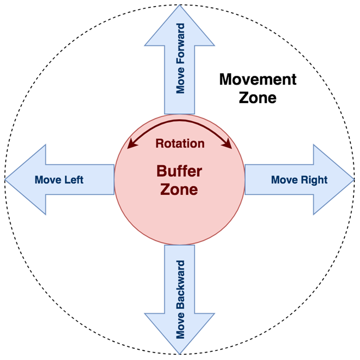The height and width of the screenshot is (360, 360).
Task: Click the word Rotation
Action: (179, 144)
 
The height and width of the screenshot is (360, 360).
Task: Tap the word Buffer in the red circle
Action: (179, 171)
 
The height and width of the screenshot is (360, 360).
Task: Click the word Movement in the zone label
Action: (257, 80)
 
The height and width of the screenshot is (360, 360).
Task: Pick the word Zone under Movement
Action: (257, 97)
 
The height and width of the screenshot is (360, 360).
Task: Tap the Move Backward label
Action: (180, 300)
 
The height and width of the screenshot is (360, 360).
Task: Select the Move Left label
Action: (59, 180)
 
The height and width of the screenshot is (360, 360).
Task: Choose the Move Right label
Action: (299, 180)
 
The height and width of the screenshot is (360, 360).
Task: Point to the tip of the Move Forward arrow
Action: (180, 7)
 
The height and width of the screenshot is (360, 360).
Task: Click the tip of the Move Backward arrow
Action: (179, 353)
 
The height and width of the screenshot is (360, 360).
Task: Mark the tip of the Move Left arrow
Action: (6, 180)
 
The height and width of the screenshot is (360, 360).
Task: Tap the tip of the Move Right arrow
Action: (353, 180)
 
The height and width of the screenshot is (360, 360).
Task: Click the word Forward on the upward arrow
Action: (180, 46)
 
